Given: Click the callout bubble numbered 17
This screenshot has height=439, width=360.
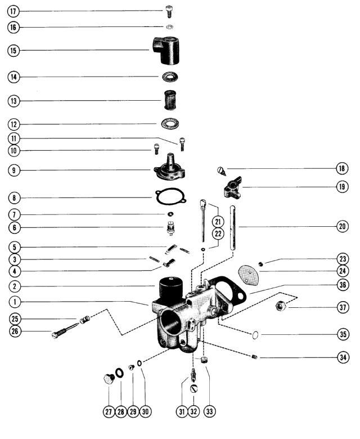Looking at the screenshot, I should click(13, 11).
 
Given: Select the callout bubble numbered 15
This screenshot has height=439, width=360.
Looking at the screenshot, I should click(13, 51).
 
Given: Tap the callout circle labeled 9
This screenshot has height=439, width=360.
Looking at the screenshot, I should click(13, 169).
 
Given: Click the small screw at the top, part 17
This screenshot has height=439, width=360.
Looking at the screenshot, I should click(170, 10).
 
